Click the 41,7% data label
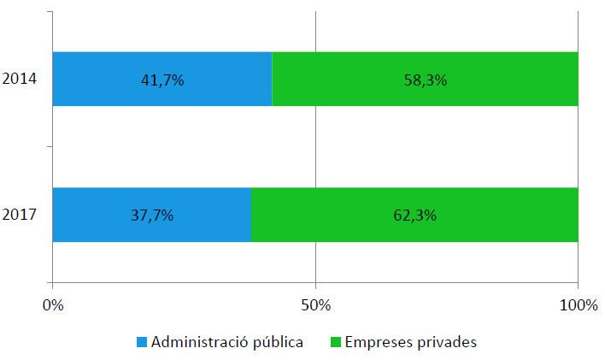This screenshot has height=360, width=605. point(162,80)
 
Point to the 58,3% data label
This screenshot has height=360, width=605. point(425,80)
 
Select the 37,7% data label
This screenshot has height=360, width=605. point(151,215)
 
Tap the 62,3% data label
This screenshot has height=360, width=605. point(414,215)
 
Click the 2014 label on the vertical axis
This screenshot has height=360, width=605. point(18,80)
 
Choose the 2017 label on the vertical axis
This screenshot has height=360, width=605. point(18,215)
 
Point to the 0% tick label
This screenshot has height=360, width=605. point(53,304)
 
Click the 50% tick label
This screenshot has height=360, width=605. point(315,304)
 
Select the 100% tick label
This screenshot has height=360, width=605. point(578,304)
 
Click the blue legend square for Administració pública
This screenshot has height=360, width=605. point(141,342)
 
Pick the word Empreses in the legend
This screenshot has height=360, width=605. point(376,342)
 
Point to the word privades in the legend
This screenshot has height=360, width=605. point(443,342)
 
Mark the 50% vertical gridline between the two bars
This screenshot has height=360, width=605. point(316,146)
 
